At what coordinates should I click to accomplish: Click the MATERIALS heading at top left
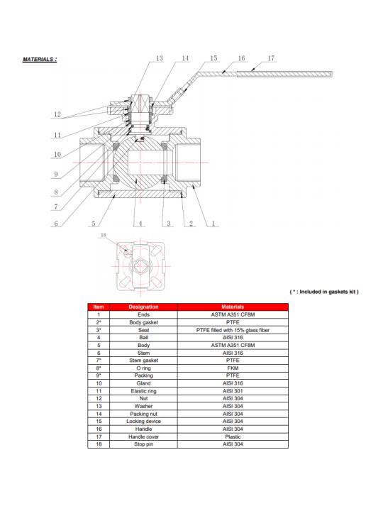coord(40,60)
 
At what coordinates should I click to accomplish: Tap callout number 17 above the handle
coord(271,58)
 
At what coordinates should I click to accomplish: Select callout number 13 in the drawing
coord(160,58)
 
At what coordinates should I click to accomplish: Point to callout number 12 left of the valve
coord(57,114)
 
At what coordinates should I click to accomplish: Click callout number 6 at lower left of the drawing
coord(56,224)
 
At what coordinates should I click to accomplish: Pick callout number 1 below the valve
coord(213,224)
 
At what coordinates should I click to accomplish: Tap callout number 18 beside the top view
coord(104,235)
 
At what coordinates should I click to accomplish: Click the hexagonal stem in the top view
coord(140,266)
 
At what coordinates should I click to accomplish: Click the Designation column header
coord(143,307)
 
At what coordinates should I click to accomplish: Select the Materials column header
coord(233,307)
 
